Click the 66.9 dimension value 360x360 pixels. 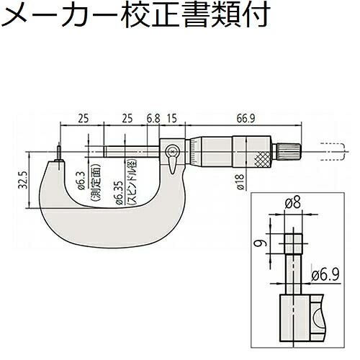(x=246, y=119)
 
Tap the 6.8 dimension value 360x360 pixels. (x=153, y=119)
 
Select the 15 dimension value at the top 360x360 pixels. (x=172, y=119)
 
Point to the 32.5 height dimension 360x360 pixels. (x=22, y=180)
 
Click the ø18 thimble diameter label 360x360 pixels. (x=240, y=182)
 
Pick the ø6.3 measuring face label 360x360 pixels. (x=81, y=181)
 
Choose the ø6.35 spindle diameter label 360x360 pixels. (x=120, y=192)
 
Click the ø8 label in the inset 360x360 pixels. (x=293, y=204)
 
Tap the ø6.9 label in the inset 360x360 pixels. (x=325, y=275)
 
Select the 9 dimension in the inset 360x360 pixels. (x=261, y=244)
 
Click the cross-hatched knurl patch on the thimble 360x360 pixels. (x=264, y=159)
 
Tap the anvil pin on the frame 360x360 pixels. (x=59, y=153)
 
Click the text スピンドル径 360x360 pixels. (x=132, y=182)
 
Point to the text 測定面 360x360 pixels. (x=95, y=182)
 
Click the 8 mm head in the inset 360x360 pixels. (x=293, y=243)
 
